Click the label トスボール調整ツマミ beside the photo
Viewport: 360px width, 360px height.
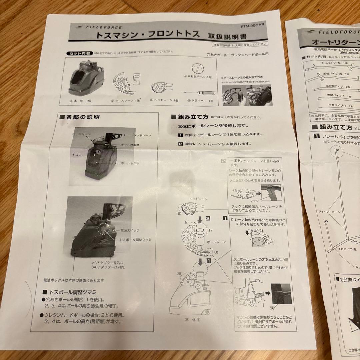[136, 240]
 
